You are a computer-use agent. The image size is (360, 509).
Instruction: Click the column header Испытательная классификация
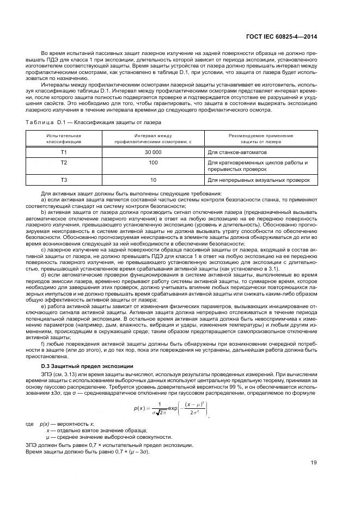coord(64,138)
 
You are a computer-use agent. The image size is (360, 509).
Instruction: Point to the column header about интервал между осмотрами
coord(153,138)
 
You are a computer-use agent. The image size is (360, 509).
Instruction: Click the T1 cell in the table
coord(64,152)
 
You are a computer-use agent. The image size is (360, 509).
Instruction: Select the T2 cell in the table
coord(64,162)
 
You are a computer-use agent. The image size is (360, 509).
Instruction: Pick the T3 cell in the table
coord(64,179)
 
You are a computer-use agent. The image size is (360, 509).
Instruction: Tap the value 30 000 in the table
coord(153,152)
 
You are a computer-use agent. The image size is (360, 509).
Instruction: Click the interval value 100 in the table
coord(153,162)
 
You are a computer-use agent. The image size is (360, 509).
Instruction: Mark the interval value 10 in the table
coord(153,179)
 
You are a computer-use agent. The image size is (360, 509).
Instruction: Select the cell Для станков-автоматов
coord(237,152)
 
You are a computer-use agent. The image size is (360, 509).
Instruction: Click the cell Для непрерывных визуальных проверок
coord(259,179)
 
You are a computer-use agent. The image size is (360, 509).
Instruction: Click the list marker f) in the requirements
coord(44,345)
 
